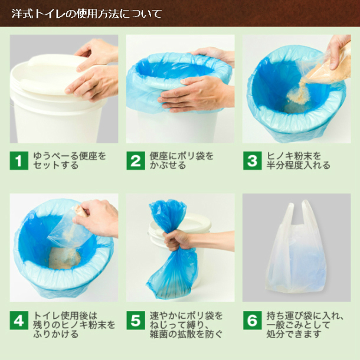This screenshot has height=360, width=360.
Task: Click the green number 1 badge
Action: pyautogui.click(x=19, y=161)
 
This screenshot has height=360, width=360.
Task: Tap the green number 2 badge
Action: pyautogui.click(x=136, y=161)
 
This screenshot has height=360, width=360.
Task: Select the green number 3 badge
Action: pyautogui.click(x=253, y=161)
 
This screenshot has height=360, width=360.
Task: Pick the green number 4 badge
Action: pyautogui.click(x=19, y=320)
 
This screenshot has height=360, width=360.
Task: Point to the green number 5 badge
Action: pyautogui.click(x=136, y=320)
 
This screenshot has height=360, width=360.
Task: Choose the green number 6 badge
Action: pyautogui.click(x=253, y=320)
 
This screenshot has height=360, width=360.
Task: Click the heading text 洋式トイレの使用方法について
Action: pyautogui.click(x=87, y=14)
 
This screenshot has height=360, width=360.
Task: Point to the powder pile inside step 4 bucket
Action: pyautogui.click(x=65, y=258)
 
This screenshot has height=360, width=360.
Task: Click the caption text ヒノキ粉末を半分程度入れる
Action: pyautogui.click(x=298, y=161)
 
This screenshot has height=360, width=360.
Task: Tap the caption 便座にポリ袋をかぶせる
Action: pyautogui.click(x=181, y=161)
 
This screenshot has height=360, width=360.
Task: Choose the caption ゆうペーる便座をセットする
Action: pyautogui.click(x=69, y=161)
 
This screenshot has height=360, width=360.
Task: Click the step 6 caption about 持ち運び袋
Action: pyautogui.click(x=305, y=325)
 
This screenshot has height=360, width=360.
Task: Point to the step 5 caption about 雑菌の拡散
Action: pyautogui.click(x=186, y=325)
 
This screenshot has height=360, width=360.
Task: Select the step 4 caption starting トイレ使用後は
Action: pyautogui.click(x=74, y=325)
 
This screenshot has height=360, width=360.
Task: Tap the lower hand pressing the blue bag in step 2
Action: pyautogui.click(x=195, y=94)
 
